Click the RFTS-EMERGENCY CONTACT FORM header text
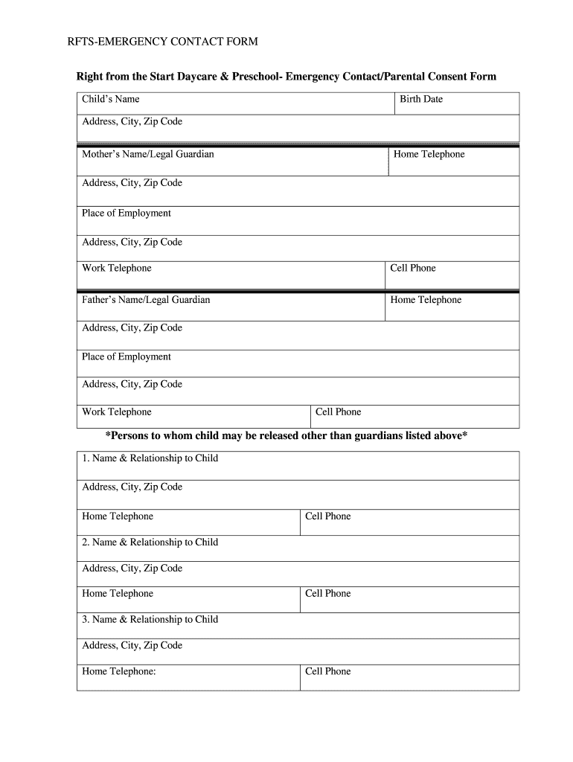162,42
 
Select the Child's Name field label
111,99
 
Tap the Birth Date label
421,99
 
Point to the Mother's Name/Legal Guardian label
148,154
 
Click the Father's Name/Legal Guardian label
146,300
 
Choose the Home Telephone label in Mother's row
429,154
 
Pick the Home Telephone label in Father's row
426,300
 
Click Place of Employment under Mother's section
127,213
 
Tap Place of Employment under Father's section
127,356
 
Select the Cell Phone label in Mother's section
413,268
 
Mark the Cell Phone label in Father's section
339,412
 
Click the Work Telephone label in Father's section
117,412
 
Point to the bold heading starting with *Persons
286,435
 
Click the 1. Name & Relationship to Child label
150,458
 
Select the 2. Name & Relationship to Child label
150,542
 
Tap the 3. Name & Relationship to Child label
150,619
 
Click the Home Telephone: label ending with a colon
119,671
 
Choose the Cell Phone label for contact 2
328,593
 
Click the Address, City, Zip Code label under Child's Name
132,121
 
